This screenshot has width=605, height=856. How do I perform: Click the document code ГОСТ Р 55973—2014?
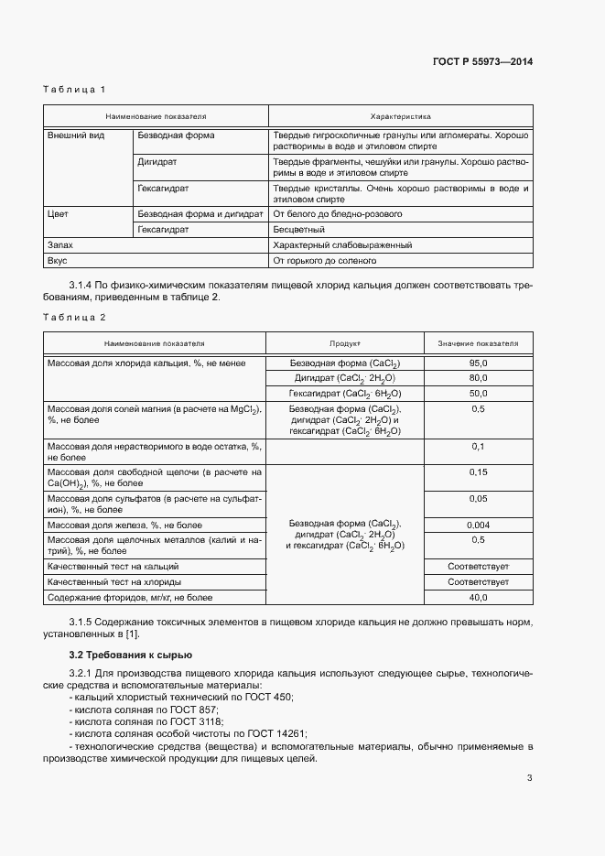coord(482,62)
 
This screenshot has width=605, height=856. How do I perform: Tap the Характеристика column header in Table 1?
coord(400,117)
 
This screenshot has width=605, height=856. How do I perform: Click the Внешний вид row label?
coord(75,135)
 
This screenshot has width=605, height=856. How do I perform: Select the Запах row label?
coord(59,245)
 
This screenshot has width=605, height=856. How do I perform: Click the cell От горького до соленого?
coord(325,261)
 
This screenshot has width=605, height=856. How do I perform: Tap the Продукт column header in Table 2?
coord(344,343)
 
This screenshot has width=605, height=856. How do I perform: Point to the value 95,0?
coord(478,363)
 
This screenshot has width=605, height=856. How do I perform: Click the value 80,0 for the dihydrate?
coord(478,377)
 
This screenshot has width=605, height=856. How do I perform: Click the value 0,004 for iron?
coord(478,526)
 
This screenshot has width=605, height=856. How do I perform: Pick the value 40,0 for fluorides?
coord(478,597)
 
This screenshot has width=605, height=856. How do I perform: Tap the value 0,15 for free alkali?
coord(478,472)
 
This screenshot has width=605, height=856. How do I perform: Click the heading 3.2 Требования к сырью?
coord(130,655)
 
